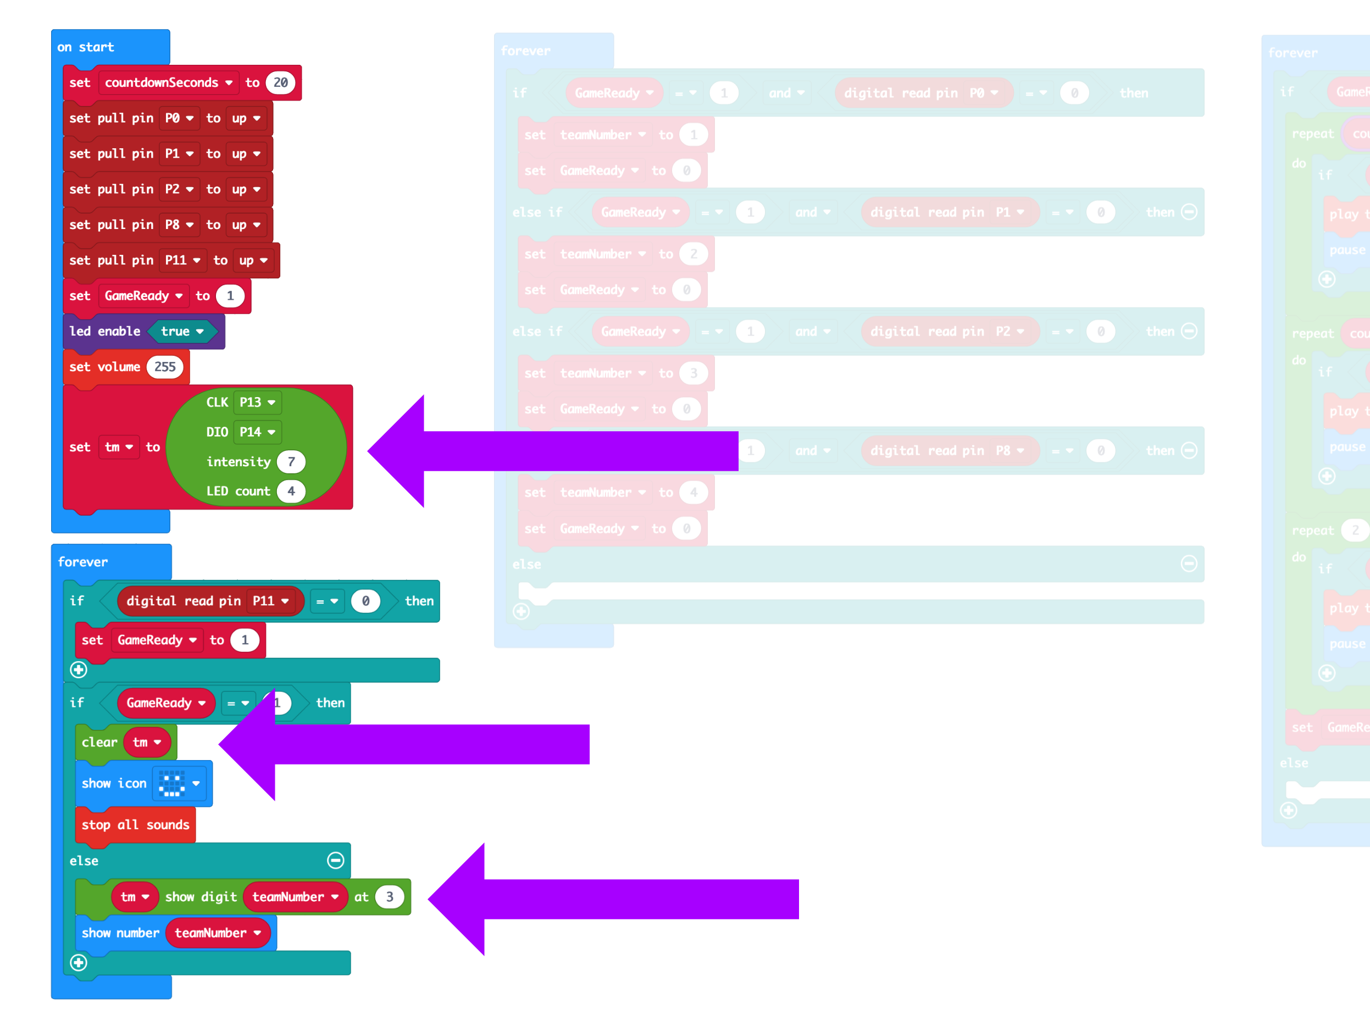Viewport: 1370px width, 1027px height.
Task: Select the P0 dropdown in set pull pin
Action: point(179,118)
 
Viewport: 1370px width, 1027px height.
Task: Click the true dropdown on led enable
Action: point(182,332)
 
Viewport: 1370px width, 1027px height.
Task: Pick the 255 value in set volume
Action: point(165,367)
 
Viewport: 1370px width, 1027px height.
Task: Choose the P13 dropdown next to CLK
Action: point(257,403)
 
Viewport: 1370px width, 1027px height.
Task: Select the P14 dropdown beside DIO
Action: point(257,432)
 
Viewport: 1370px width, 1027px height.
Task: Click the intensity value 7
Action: point(291,462)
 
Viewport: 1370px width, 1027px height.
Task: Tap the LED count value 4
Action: point(291,492)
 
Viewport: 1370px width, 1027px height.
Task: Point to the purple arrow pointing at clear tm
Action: point(403,744)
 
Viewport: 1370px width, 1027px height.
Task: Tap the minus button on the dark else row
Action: point(336,861)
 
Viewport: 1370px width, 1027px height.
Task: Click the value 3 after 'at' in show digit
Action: point(389,897)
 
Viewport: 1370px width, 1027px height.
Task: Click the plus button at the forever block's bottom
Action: point(79,963)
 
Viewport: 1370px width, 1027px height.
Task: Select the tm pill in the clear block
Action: point(147,742)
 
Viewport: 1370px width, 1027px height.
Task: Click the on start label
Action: point(86,47)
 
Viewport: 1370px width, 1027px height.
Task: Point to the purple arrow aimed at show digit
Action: point(613,899)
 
